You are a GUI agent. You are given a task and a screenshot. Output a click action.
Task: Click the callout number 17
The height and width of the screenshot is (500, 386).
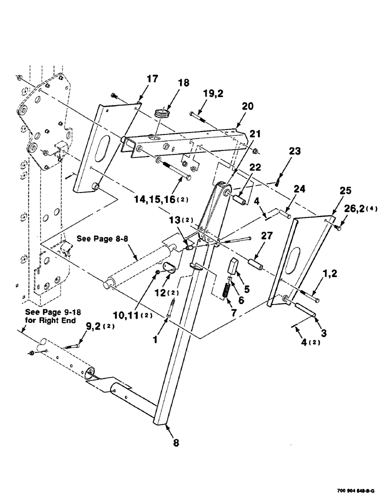(x=152, y=79)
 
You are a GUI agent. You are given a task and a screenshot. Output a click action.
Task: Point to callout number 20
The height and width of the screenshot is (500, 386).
(x=247, y=106)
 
